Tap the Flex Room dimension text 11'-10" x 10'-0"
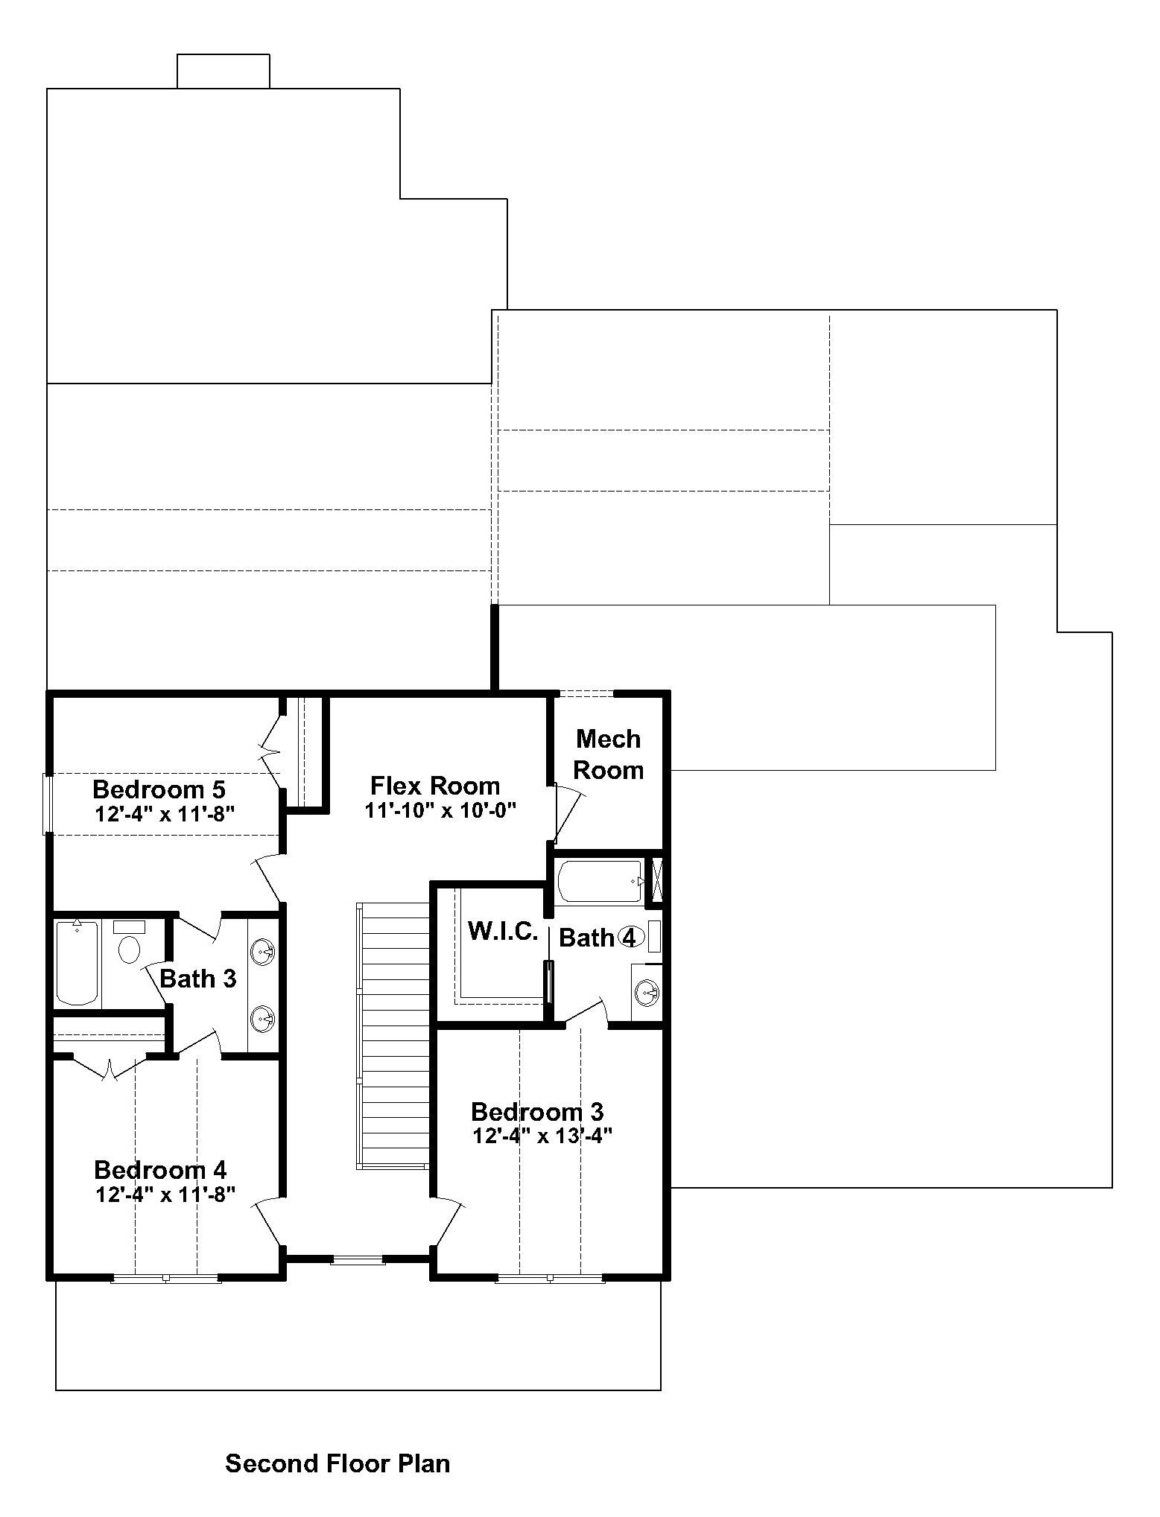click(x=441, y=810)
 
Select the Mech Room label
click(x=608, y=754)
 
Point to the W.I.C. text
click(x=503, y=931)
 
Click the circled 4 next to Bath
click(x=630, y=938)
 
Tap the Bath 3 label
click(x=198, y=979)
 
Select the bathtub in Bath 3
click(x=77, y=963)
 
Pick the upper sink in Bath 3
click(x=263, y=952)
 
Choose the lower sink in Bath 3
click(x=263, y=1018)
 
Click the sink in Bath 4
click(x=647, y=992)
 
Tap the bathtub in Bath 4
click(x=600, y=881)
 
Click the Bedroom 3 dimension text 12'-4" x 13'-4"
click(x=542, y=1136)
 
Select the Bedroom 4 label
click(x=160, y=1170)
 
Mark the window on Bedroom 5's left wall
click(x=47, y=804)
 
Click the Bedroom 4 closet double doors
click(x=110, y=1067)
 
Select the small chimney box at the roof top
click(x=223, y=71)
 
